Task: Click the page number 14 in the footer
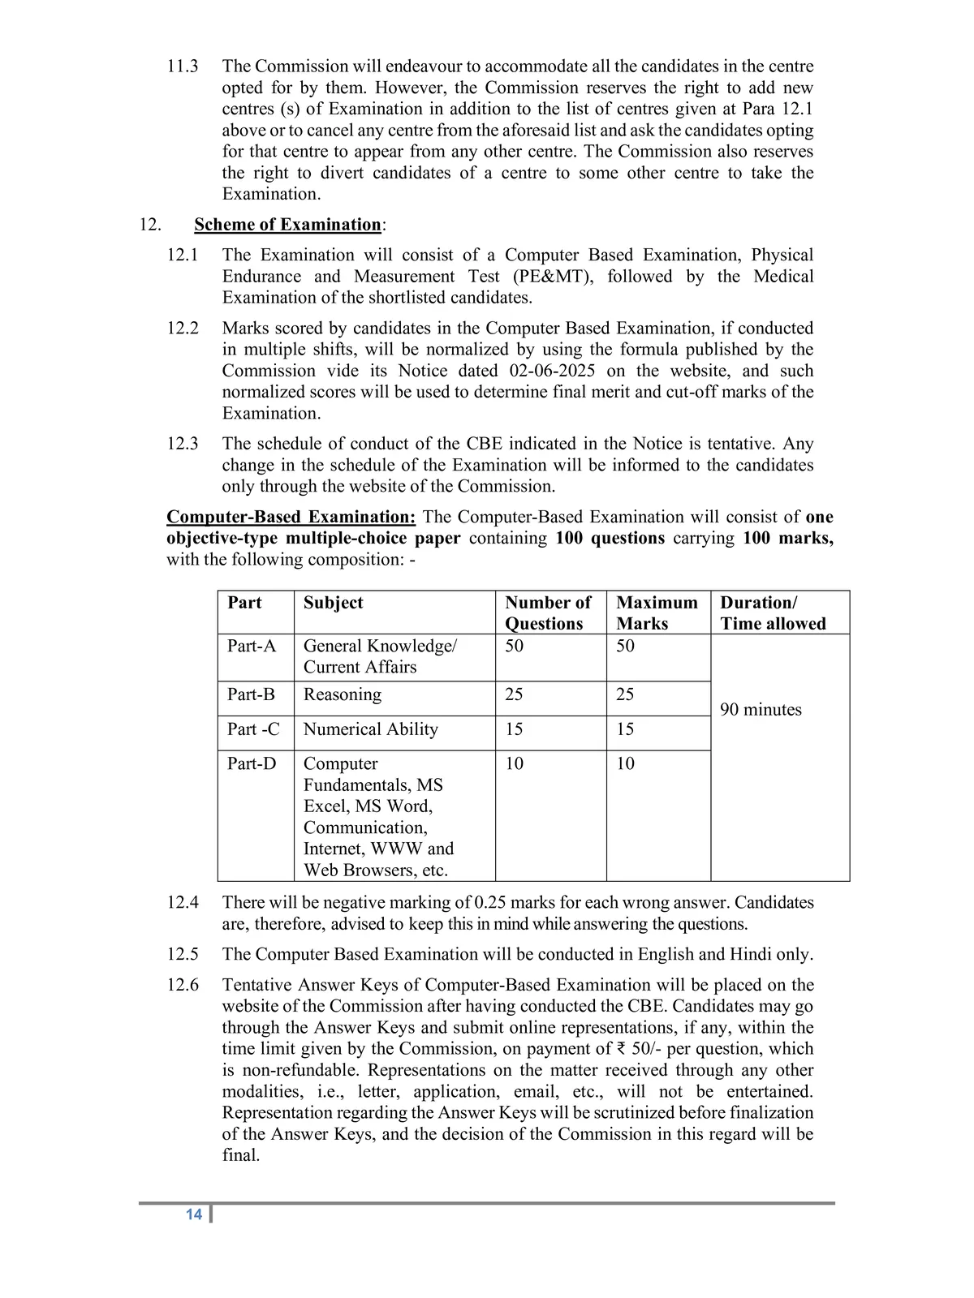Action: coord(193,1214)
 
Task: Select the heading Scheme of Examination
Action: coord(287,225)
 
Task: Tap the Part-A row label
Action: coord(252,647)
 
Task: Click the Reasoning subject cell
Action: coord(342,695)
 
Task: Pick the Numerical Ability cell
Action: coord(370,729)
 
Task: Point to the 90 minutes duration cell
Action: coord(761,710)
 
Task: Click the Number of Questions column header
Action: coord(548,613)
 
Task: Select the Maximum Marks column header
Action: coord(657,613)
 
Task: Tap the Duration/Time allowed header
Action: coord(773,613)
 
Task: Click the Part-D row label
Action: coord(252,764)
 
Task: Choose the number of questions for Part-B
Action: coord(514,695)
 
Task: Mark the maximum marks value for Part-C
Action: coord(625,729)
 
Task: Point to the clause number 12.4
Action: coord(183,903)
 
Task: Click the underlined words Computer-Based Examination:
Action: coord(291,518)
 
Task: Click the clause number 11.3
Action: coord(183,67)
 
